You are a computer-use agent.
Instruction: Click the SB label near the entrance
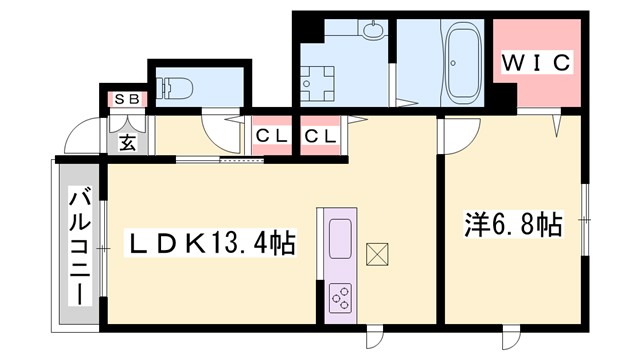click(x=128, y=99)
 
